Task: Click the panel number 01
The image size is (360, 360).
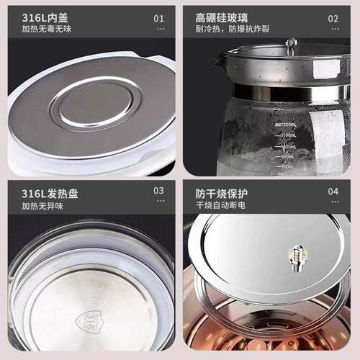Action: pyautogui.click(x=160, y=18)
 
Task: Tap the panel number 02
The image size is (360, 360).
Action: pyautogui.click(x=333, y=18)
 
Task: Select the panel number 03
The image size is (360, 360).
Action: pyautogui.click(x=160, y=191)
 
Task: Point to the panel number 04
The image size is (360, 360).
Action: pyautogui.click(x=333, y=192)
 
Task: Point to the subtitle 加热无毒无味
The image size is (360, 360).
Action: pyautogui.click(x=46, y=30)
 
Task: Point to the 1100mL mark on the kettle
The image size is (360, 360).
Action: pyautogui.click(x=287, y=135)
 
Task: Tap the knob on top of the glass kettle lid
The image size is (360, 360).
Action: pyautogui.click(x=292, y=45)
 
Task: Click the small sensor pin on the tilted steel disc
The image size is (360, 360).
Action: pyautogui.click(x=295, y=256)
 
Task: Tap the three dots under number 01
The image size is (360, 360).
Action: pyautogui.click(x=161, y=30)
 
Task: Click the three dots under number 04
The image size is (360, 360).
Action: pyautogui.click(x=333, y=205)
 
